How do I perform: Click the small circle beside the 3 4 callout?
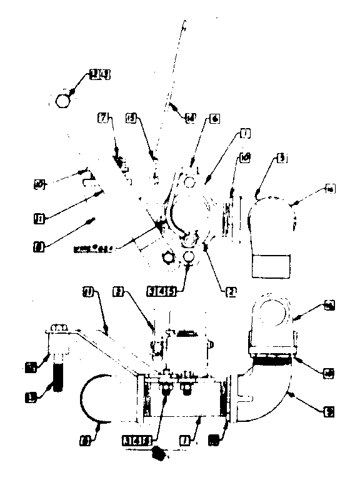[x=64, y=99]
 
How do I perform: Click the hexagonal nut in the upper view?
[x=169, y=256]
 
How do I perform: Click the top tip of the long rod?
[x=186, y=24]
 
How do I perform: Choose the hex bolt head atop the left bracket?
[x=57, y=326]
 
